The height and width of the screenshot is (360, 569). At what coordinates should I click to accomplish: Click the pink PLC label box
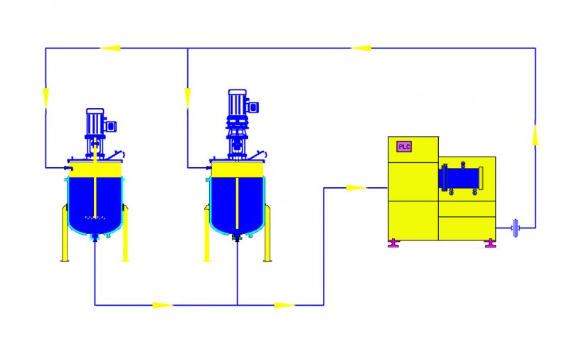click(x=404, y=147)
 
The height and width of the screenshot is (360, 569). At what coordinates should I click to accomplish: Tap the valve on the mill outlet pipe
click(x=515, y=228)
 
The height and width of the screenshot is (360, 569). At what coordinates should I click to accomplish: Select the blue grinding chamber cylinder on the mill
click(x=461, y=179)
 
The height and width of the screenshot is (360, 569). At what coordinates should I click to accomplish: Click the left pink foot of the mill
click(x=393, y=243)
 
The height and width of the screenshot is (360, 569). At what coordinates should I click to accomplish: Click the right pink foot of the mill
click(x=490, y=243)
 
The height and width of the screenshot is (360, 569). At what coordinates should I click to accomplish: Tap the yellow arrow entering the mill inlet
click(x=356, y=188)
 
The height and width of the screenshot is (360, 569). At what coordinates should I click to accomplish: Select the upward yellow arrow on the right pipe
click(x=536, y=134)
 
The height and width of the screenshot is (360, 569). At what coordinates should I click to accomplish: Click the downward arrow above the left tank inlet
click(x=46, y=98)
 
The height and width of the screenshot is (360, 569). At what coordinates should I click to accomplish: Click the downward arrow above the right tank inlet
click(x=188, y=98)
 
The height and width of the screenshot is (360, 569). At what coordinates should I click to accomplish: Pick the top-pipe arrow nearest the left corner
click(x=110, y=48)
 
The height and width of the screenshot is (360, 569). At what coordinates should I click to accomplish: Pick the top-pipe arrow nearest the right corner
click(x=361, y=48)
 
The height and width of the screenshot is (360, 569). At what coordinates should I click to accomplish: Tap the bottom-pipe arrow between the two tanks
click(x=162, y=305)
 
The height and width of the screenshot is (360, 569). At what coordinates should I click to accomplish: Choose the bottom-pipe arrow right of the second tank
click(x=284, y=305)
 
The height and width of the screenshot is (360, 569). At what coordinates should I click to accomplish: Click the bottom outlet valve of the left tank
click(x=95, y=238)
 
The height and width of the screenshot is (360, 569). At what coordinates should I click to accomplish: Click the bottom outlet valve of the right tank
click(x=237, y=238)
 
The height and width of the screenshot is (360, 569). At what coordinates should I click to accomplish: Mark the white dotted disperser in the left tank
click(x=95, y=218)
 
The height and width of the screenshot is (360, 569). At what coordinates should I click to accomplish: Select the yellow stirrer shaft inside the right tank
click(x=237, y=203)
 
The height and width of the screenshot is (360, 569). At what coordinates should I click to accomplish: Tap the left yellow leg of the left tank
click(x=65, y=233)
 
